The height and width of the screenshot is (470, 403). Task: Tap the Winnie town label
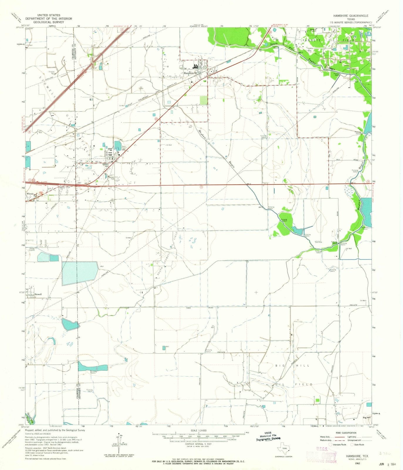point(31,194)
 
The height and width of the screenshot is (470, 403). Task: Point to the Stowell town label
point(38,294)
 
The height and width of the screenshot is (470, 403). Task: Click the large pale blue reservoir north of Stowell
point(80,273)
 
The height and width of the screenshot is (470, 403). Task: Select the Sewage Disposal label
point(32,249)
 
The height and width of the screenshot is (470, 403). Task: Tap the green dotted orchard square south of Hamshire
point(203,100)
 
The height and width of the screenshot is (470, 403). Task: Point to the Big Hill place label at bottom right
point(367,417)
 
